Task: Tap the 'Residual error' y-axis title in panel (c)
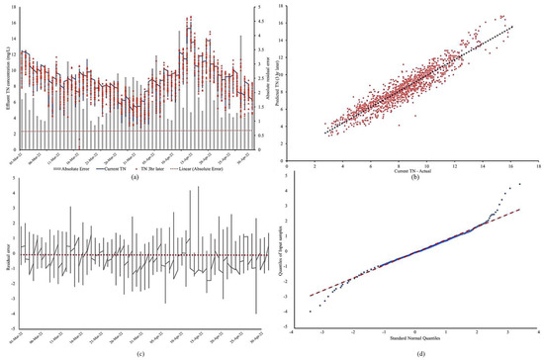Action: click(6, 253)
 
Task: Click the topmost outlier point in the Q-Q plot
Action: click(517, 185)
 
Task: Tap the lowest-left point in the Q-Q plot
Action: click(311, 311)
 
